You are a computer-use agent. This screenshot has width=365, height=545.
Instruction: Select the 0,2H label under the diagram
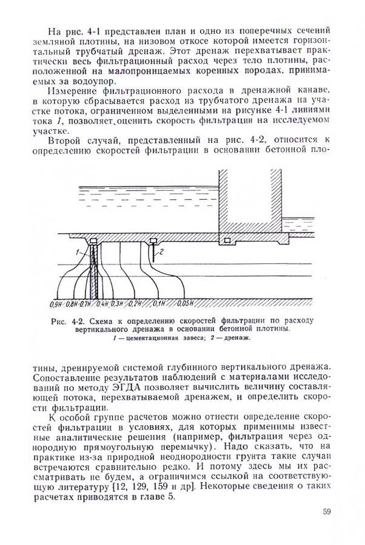[x=135, y=303]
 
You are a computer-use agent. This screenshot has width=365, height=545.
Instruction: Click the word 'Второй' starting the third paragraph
[x=65, y=142]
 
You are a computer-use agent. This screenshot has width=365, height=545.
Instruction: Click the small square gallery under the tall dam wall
[x=227, y=241]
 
